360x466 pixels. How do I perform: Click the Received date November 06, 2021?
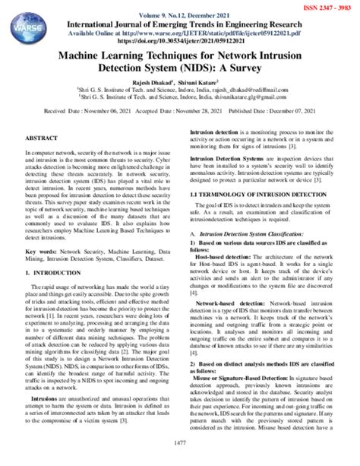point(87,110)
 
